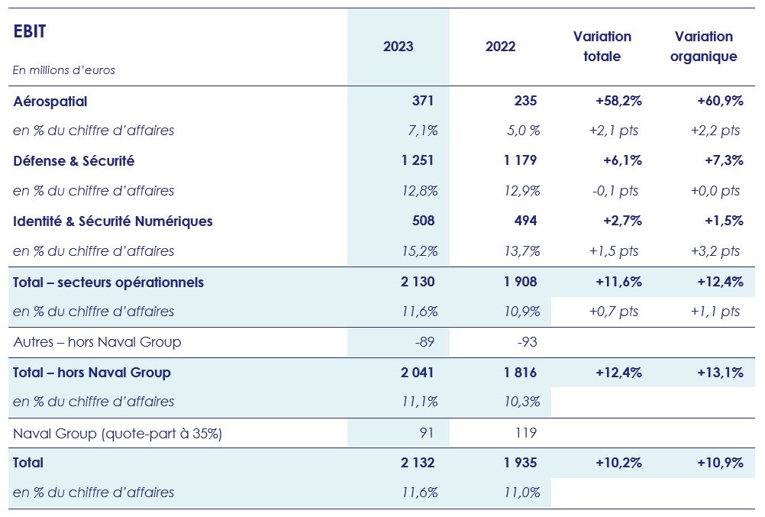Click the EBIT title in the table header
coord(30,31)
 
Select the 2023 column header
coord(398,47)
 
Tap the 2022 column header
coord(500,47)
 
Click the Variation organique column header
coord(703,47)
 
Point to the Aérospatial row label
coord(50,101)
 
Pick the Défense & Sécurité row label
coord(74,160)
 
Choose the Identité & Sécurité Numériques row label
coord(113,221)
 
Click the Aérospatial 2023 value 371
coord(422,101)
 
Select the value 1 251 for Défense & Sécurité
coord(417,160)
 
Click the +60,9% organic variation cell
coord(720,101)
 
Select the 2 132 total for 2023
coord(417,463)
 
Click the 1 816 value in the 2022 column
coord(519,373)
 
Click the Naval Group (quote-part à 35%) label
coord(118,433)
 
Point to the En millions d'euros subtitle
coord(64,70)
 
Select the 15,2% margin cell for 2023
coord(420,251)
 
